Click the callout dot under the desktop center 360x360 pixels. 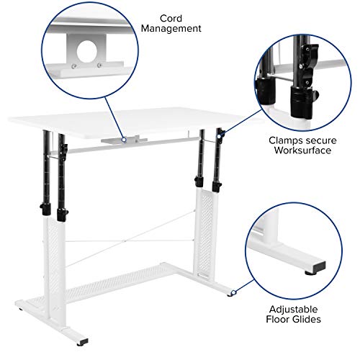[123, 140]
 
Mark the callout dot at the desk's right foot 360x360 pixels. [233, 293]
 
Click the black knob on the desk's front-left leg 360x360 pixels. [44, 211]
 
